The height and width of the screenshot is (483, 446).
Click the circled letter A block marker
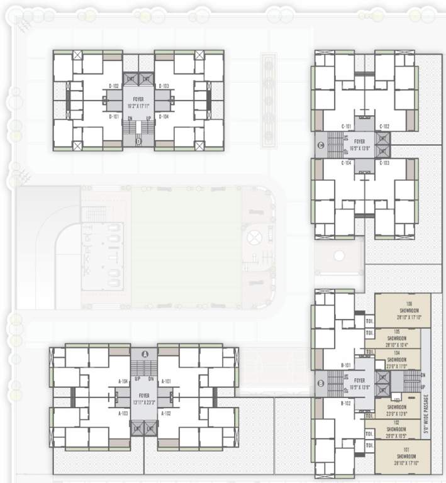tap(145, 354)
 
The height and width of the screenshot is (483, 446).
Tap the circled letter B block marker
tap(321, 383)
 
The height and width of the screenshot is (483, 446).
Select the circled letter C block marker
tap(321, 147)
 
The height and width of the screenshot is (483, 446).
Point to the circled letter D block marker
tap(138, 142)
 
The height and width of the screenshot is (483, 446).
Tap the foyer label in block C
tap(359, 144)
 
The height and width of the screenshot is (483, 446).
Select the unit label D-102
tap(114, 86)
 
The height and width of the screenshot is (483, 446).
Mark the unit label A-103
tap(124, 413)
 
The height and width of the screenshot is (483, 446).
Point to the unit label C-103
tap(385, 163)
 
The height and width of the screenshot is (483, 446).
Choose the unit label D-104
tap(164, 116)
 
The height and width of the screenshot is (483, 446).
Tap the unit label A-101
tap(167, 381)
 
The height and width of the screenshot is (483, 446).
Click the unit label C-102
tap(385, 126)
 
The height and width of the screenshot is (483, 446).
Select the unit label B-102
tap(345, 403)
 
